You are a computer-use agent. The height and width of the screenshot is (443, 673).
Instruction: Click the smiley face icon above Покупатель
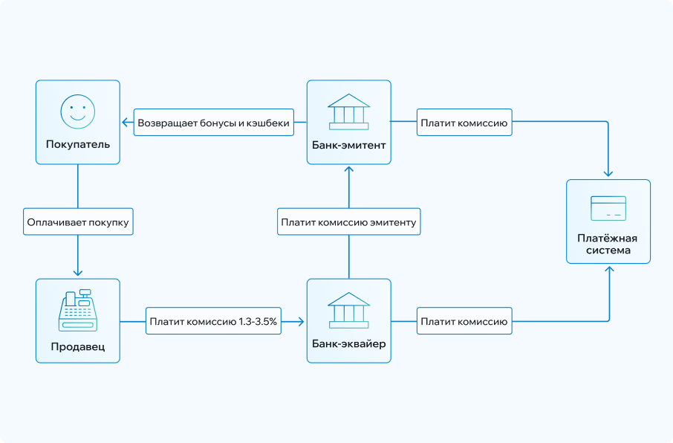(78, 111)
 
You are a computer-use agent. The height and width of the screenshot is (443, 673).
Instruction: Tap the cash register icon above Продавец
(78, 311)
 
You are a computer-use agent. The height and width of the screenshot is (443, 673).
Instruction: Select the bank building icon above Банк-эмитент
(348, 111)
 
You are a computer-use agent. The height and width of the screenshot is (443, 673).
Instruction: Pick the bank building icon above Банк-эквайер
(348, 310)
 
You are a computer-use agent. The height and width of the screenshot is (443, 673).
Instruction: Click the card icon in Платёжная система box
(608, 207)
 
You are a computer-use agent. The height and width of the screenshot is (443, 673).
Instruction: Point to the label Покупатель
(78, 144)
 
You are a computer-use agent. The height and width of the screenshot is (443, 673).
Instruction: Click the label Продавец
(78, 346)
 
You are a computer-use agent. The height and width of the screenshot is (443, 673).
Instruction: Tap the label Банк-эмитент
(348, 145)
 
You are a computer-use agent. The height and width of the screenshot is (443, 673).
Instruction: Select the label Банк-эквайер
(348, 346)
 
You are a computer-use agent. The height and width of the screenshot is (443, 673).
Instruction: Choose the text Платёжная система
(608, 245)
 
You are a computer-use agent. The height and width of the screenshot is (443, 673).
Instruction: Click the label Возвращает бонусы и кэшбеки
(213, 123)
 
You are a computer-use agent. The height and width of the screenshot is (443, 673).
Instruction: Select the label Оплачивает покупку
(78, 221)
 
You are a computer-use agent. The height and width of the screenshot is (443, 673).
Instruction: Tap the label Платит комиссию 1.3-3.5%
(213, 322)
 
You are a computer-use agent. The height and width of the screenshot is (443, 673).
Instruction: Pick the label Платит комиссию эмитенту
(348, 221)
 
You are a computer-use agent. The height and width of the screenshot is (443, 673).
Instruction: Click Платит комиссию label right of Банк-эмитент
(464, 123)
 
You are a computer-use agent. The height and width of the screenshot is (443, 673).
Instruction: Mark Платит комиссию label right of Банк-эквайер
(464, 322)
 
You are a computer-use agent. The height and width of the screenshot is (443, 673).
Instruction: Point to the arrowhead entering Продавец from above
(78, 274)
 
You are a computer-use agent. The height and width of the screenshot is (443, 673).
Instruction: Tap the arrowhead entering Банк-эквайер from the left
(302, 322)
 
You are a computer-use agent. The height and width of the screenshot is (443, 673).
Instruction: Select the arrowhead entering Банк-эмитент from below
(348, 169)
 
